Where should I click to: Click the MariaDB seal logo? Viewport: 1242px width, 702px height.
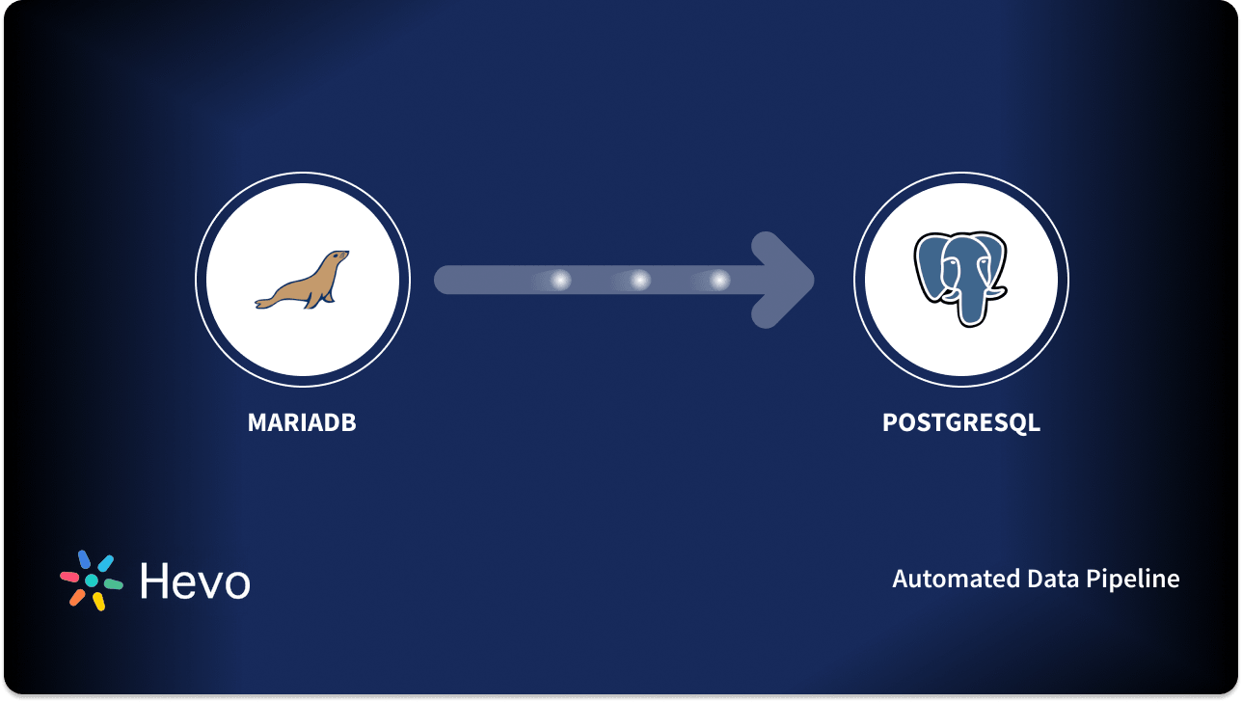[x=302, y=281]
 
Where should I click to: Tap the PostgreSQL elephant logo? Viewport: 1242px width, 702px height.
[x=959, y=277]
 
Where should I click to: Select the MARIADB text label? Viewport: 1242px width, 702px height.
[x=302, y=422]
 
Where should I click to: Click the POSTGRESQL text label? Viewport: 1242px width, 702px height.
[x=960, y=422]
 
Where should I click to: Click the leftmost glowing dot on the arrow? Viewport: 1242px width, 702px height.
[x=560, y=280]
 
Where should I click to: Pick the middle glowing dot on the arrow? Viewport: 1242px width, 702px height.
[x=639, y=280]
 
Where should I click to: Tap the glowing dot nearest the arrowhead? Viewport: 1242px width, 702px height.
[x=719, y=280]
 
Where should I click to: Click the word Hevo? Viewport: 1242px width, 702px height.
[x=195, y=580]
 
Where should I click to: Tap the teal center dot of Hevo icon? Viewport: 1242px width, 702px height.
[x=92, y=580]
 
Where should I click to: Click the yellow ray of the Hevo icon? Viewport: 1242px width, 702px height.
[x=98, y=602]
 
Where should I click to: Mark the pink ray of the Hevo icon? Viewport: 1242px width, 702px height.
[x=70, y=577]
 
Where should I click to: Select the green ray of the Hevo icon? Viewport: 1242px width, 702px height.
[x=114, y=584]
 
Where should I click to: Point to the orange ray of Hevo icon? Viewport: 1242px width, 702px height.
[x=77, y=597]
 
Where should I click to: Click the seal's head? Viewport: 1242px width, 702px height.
[x=336, y=259]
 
